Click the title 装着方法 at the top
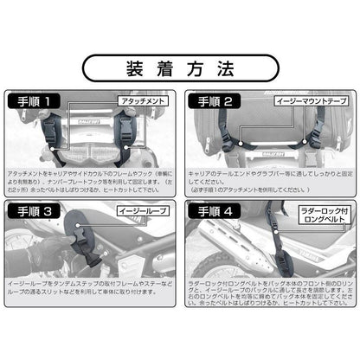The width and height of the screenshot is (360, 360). point(180,67)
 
